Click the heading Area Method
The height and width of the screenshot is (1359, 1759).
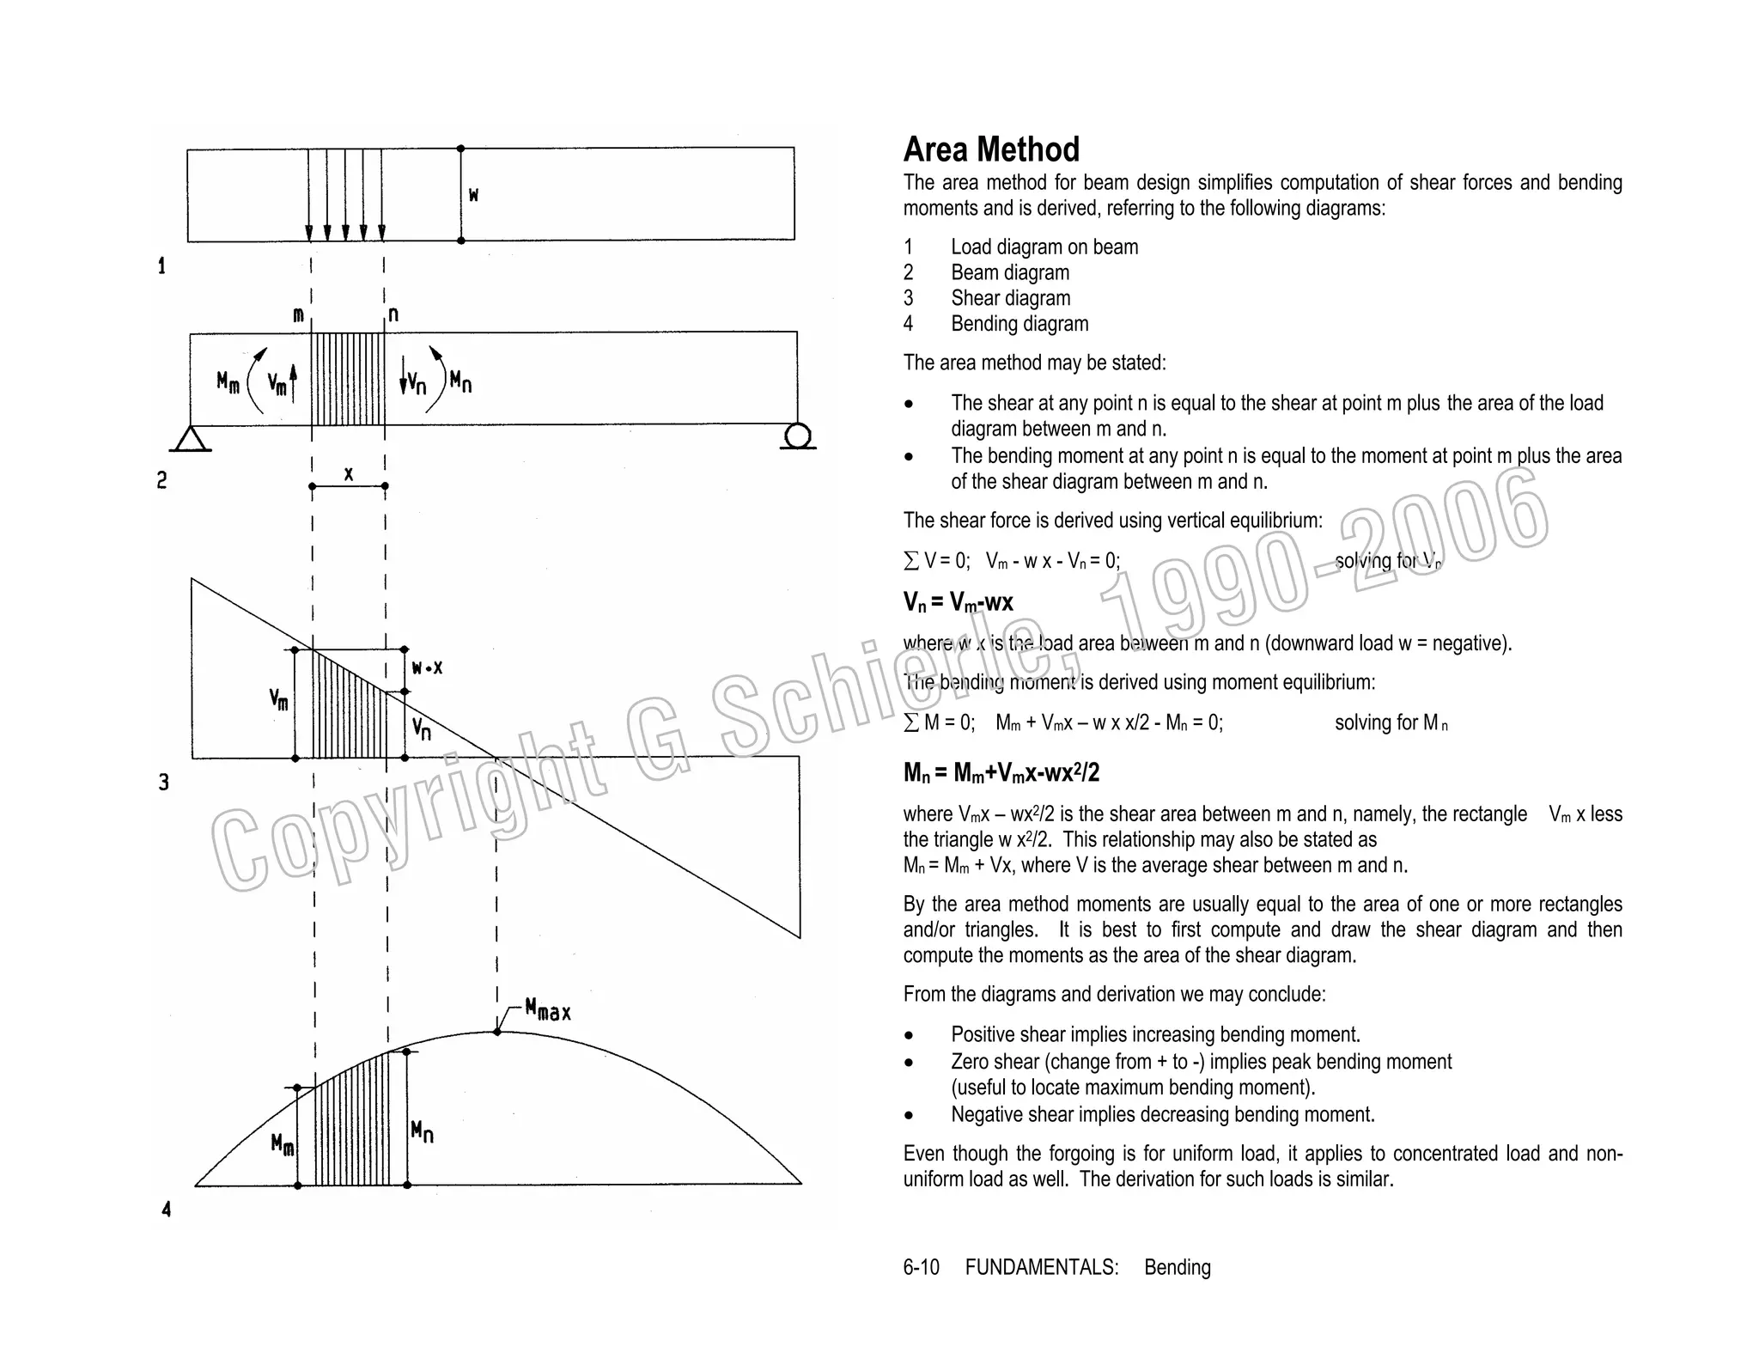[x=990, y=149]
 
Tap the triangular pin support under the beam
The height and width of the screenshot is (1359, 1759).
[x=191, y=439]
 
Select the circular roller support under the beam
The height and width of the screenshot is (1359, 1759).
[x=798, y=436]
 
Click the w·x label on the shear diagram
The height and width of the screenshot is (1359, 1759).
[x=427, y=667]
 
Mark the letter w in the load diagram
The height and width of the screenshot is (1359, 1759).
[x=473, y=195]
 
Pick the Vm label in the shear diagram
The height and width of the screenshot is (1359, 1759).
[x=279, y=699]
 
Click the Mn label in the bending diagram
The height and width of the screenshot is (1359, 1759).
[x=422, y=1131]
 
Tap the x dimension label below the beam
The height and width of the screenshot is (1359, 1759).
[x=348, y=473]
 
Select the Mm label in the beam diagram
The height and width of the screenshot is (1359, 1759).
[x=228, y=382]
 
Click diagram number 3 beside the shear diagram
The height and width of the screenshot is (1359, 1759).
[x=164, y=783]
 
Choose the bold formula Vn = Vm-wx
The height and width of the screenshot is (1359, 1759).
[x=958, y=602]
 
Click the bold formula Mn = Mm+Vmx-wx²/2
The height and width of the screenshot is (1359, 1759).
[x=1001, y=773]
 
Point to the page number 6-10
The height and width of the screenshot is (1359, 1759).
[x=921, y=1267]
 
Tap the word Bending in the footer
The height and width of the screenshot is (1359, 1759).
[x=1177, y=1267]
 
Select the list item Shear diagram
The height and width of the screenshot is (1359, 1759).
[x=1010, y=298]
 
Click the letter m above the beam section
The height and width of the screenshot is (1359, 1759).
[x=298, y=315]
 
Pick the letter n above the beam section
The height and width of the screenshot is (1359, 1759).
[x=393, y=314]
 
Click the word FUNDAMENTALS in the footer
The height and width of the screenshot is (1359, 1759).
[x=1041, y=1267]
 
